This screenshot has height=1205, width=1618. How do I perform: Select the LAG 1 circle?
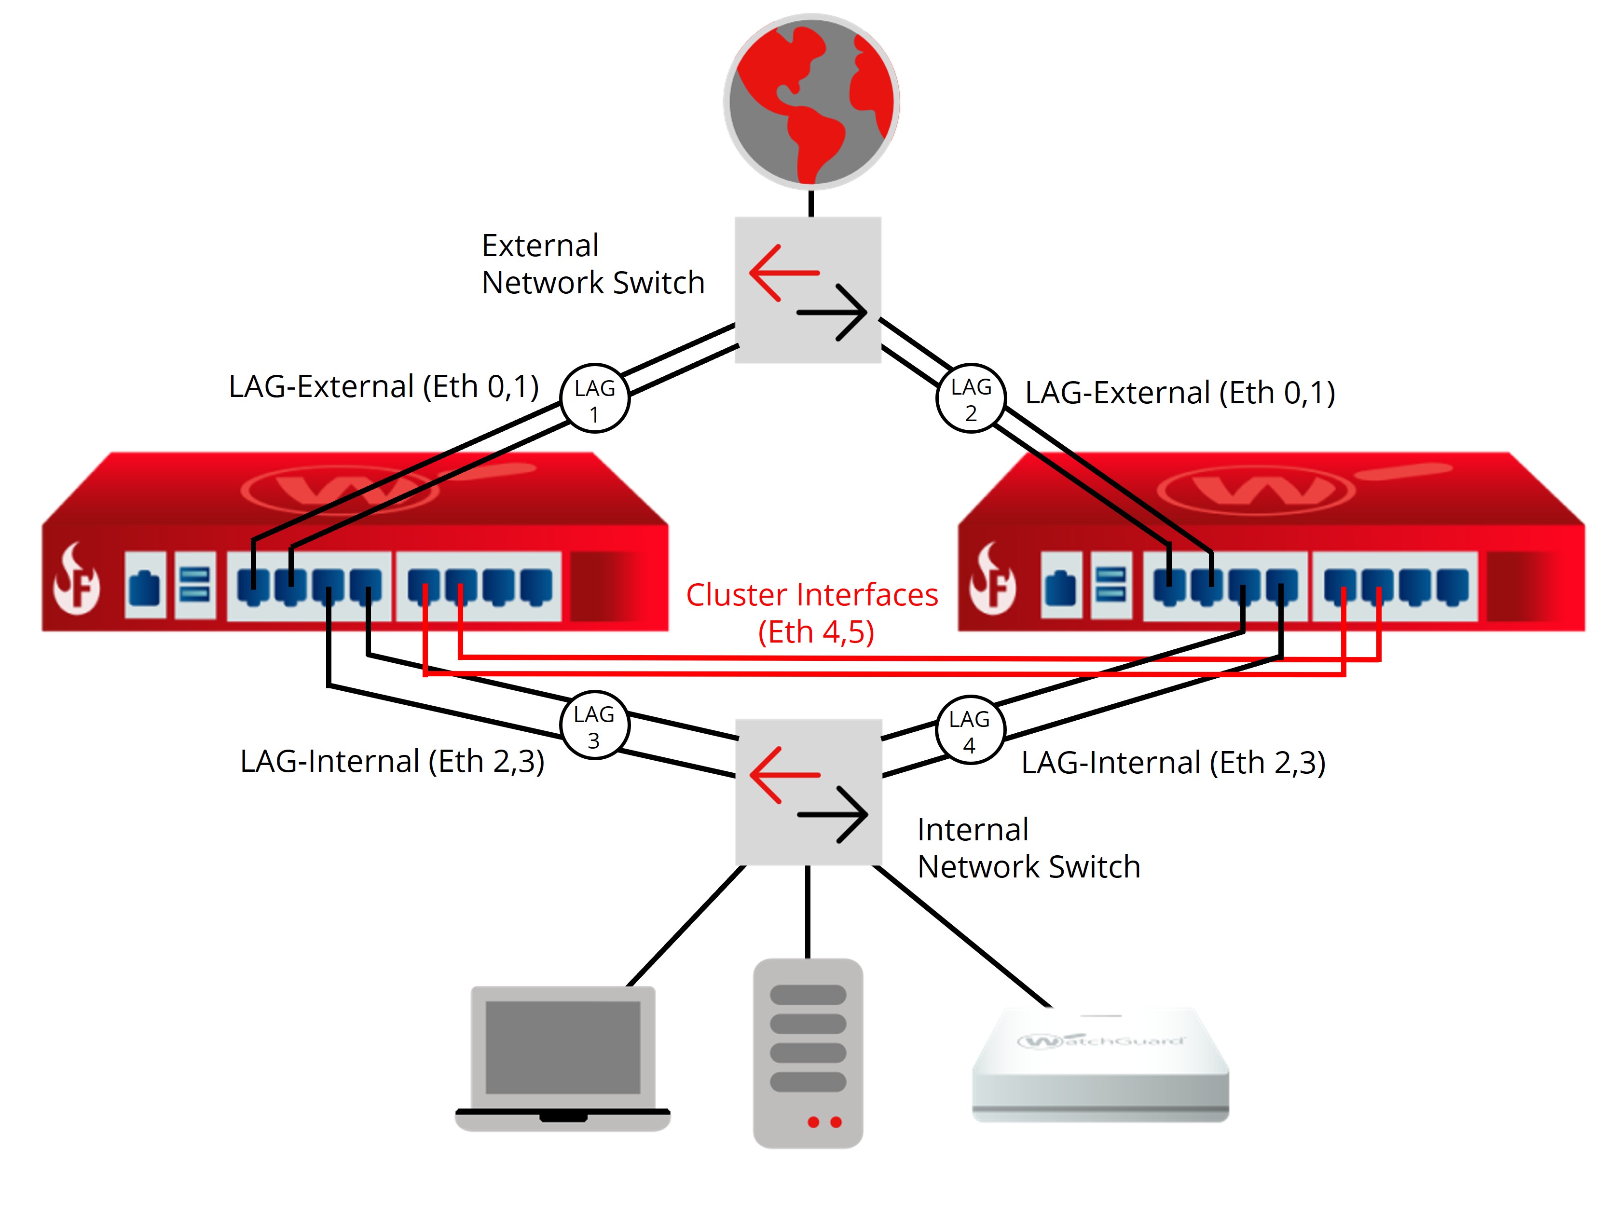coord(594,398)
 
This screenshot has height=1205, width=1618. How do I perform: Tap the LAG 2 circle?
coord(970,398)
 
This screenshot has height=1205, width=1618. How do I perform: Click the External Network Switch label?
coord(592,264)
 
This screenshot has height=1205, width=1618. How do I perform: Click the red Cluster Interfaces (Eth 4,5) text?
coord(812,613)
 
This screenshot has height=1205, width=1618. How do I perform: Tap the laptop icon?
coord(562,1058)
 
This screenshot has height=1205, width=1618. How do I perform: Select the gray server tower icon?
coord(808,1053)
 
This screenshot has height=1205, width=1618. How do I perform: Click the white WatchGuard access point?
coord(1100,1065)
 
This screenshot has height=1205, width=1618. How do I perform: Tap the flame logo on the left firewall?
coord(76,580)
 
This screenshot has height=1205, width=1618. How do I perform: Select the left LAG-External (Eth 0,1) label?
coord(384,386)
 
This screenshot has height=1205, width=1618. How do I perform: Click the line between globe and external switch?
coord(810,204)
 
